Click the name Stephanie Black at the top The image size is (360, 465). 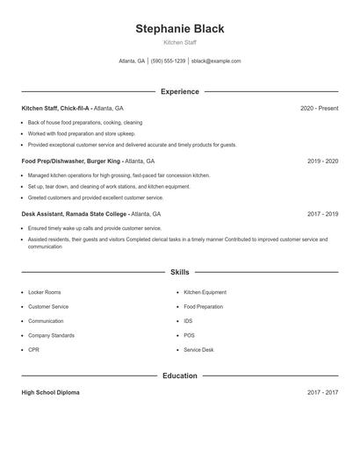(x=179, y=29)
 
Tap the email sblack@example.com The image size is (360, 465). (x=216, y=61)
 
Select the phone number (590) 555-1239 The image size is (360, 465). (x=168, y=61)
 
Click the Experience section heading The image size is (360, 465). (x=179, y=91)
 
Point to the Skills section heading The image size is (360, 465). (x=179, y=273)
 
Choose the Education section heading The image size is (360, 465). (x=179, y=376)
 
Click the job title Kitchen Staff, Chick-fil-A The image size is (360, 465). (x=56, y=108)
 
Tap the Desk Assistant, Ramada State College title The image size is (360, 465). (x=75, y=214)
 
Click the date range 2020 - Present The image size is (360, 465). (x=319, y=108)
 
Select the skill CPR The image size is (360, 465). (x=33, y=350)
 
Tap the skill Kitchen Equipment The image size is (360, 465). (x=205, y=292)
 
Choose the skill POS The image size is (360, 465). (x=189, y=335)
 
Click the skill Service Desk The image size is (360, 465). (x=198, y=350)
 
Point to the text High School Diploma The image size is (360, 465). (x=50, y=392)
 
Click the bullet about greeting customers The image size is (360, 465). (x=83, y=197)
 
